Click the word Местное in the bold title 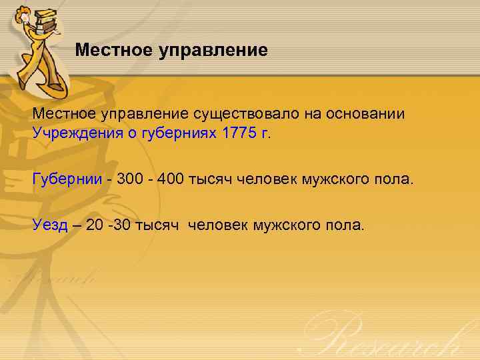(113, 50)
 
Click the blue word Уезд (50, 225)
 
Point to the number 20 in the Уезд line (95, 225)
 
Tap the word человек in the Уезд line (218, 225)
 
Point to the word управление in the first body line (140, 114)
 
